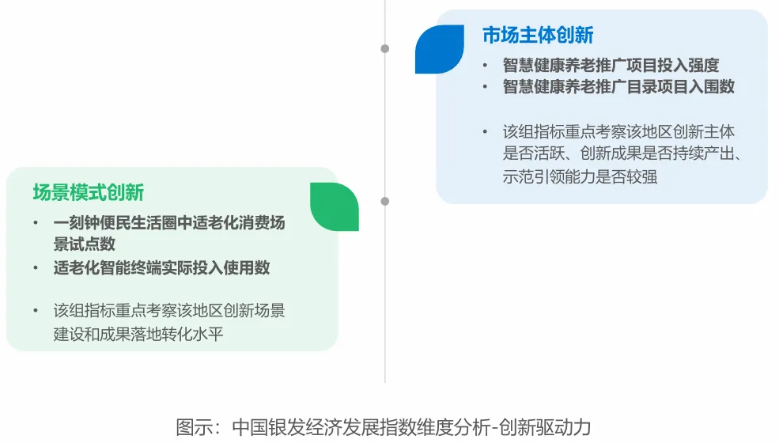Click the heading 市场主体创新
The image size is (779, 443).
[x=538, y=36]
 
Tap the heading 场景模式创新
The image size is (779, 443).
[x=88, y=192]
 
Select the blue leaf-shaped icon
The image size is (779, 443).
[x=440, y=49]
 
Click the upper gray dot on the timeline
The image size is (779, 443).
[x=385, y=48]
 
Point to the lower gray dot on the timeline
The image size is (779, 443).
[x=385, y=201]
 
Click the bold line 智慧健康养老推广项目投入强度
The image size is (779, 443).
[x=611, y=66]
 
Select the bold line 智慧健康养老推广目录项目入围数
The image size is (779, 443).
[x=618, y=87]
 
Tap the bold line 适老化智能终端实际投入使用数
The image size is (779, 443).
[x=161, y=268]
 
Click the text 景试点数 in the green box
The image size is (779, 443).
[x=84, y=244]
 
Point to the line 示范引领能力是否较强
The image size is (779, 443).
[x=580, y=176]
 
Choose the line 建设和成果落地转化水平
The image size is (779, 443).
[x=138, y=333]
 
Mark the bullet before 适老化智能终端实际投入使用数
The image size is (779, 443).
[x=35, y=268]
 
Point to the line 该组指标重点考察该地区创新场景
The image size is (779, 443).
[x=168, y=311]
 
